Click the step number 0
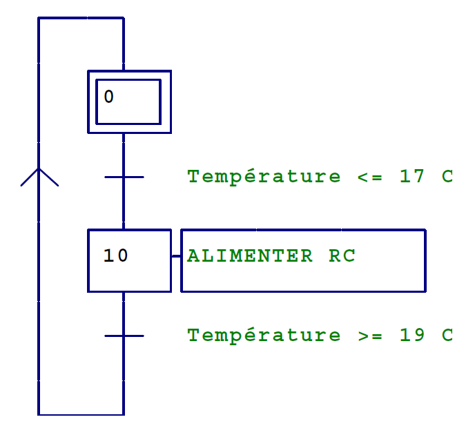[108, 97]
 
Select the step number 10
[115, 255]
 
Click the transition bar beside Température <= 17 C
[124, 177]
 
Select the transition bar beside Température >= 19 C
[124, 336]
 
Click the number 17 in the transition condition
[412, 176]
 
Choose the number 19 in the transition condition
[412, 335]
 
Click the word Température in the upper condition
[264, 176]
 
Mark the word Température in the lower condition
[264, 335]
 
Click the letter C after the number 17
[447, 176]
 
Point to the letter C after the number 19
[447, 335]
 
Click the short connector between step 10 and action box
[176, 257]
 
